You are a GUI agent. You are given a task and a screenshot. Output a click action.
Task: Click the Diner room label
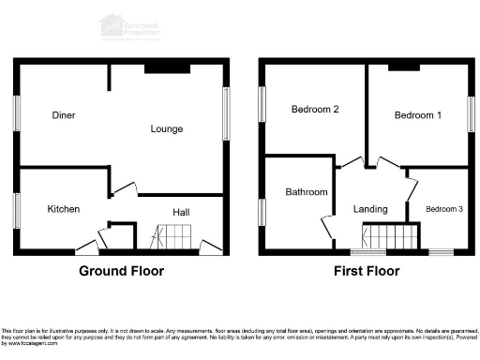64,115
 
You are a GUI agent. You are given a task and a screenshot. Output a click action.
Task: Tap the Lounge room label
166,128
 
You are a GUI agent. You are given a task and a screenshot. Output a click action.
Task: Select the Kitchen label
64,209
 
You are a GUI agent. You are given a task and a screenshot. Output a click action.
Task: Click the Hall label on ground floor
181,213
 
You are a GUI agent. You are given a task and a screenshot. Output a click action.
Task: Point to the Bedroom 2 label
314,110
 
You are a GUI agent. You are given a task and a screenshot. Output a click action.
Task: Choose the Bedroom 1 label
417,115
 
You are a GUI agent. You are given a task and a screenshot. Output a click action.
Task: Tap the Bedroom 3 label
444,208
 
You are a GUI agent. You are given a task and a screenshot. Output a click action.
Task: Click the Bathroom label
307,192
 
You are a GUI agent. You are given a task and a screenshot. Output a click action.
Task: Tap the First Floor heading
366,272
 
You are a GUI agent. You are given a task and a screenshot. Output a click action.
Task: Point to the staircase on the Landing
386,237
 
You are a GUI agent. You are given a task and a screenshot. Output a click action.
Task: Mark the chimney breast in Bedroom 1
404,67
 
